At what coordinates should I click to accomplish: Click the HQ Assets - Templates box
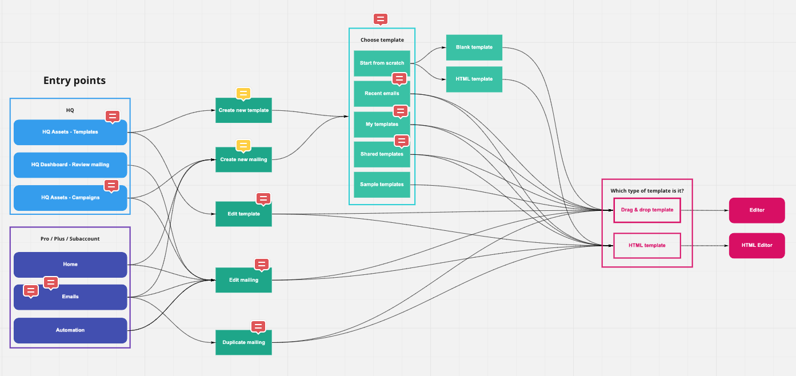coord(70,132)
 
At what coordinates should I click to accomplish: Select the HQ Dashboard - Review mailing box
coord(70,165)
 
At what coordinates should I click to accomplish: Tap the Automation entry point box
coord(70,330)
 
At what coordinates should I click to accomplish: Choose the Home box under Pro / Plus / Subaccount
coord(70,265)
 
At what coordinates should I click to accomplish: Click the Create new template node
coord(243,110)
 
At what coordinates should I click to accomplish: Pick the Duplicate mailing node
coord(243,342)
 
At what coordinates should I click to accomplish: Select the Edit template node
coord(243,214)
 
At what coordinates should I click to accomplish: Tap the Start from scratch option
coord(382,63)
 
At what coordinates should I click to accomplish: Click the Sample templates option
coord(382,185)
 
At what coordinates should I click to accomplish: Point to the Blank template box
coord(474,47)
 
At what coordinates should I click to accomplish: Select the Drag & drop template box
coord(647,210)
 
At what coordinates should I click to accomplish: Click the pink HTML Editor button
coord(757,245)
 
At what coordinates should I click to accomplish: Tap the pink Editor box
coord(757,210)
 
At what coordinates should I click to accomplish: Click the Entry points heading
coord(74,81)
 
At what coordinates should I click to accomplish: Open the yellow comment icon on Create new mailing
coord(243,146)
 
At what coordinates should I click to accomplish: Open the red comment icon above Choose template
coord(380,19)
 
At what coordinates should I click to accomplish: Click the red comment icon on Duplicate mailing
coord(258,326)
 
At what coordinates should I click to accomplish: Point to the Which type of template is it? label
coord(647,190)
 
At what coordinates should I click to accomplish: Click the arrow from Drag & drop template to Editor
coord(705,210)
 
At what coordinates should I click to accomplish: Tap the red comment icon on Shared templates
coord(402,141)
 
